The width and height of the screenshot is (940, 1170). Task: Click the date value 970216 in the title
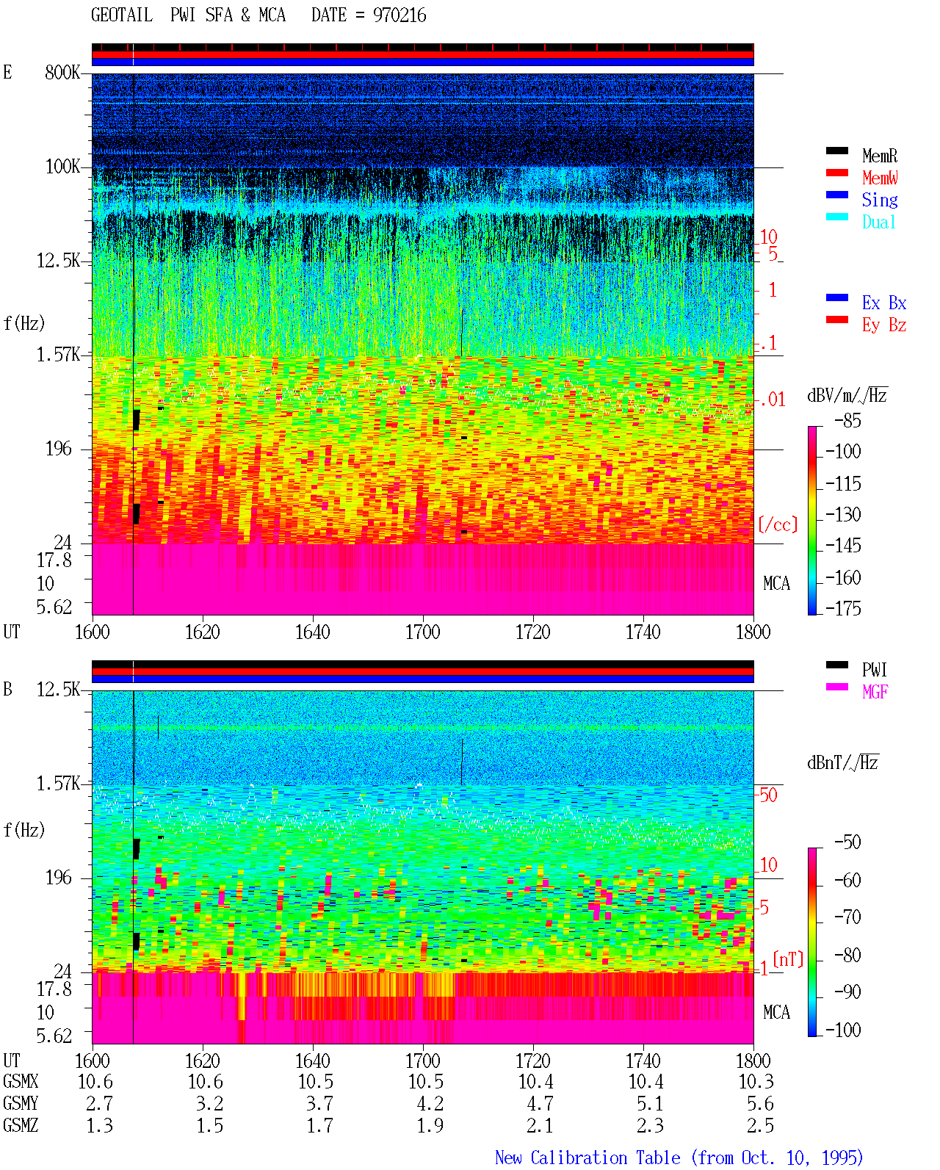[399, 15]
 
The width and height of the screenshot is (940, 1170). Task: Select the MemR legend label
[879, 156]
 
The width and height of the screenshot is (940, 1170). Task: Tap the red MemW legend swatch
[836, 173]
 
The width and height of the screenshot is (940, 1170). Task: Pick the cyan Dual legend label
[878, 222]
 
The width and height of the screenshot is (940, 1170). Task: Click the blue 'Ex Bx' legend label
[883, 303]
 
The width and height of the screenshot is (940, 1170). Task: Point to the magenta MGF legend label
[875, 692]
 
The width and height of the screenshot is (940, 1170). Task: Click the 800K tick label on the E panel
[62, 72]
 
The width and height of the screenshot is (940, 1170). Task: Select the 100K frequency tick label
[62, 167]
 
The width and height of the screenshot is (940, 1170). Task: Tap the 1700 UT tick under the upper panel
[422, 632]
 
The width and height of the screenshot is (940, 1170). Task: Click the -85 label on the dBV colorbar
[847, 420]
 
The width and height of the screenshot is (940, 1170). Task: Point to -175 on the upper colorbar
[843, 608]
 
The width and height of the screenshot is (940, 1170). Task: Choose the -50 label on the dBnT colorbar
[847, 842]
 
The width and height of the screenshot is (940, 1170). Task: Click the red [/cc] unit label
[778, 524]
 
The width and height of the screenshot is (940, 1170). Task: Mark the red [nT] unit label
[788, 959]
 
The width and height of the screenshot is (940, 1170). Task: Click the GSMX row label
[21, 1081]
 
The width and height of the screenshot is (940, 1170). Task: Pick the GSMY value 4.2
[430, 1104]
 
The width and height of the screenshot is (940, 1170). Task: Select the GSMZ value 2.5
[760, 1125]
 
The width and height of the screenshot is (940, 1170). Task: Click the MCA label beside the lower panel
[776, 1012]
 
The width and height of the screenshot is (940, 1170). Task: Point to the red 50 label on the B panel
[768, 795]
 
